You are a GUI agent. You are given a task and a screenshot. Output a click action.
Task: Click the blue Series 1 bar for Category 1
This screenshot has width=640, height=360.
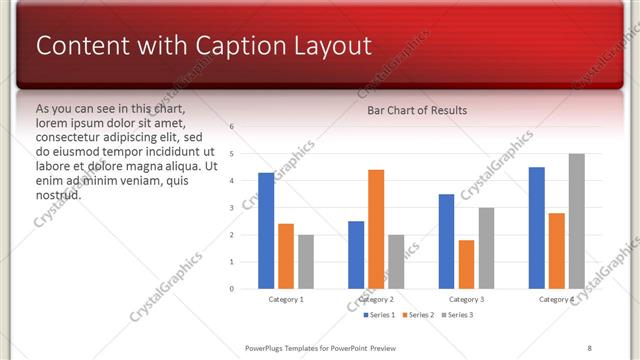(266, 231)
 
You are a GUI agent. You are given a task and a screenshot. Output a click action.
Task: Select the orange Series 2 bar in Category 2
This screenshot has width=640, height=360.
(376, 229)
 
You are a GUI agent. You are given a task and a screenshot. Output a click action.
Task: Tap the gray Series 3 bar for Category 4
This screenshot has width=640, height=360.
(576, 221)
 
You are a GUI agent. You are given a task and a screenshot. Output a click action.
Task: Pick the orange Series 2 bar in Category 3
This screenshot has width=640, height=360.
(466, 264)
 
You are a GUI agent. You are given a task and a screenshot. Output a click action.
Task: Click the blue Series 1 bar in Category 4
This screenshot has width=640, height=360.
(537, 228)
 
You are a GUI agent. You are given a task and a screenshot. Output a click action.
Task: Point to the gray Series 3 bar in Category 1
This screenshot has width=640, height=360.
(305, 262)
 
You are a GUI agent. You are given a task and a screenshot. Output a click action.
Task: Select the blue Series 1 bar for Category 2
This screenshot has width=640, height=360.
(356, 255)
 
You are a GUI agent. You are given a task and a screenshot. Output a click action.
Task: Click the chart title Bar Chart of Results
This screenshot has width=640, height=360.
(417, 110)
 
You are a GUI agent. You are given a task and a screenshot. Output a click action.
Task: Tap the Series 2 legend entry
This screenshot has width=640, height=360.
(417, 315)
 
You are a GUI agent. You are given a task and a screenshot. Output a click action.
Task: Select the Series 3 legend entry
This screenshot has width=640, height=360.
(457, 315)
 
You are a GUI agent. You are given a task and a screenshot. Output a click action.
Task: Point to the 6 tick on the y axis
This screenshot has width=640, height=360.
(231, 127)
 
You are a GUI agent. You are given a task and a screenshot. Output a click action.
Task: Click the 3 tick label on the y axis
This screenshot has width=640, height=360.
(231, 208)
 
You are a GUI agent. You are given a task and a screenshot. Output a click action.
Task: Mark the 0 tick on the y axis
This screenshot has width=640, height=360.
(231, 289)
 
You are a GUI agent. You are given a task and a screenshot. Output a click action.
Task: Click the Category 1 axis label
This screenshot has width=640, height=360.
(286, 299)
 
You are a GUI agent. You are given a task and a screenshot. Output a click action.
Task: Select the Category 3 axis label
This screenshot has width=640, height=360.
(466, 299)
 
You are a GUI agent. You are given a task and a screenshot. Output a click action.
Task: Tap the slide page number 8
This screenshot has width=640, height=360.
(589, 347)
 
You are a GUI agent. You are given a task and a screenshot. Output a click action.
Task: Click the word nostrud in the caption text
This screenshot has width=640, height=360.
(58, 195)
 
